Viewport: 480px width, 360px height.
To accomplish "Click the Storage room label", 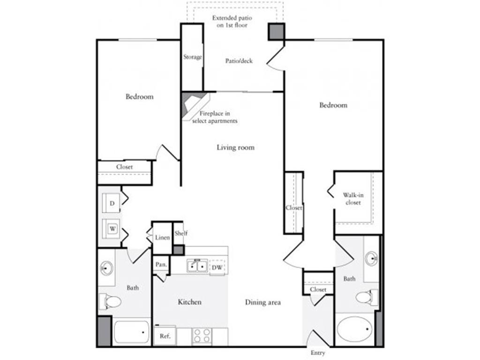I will click(192, 57).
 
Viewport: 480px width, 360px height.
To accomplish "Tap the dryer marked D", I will click(112, 203).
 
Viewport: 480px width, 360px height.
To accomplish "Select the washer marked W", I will click(112, 229).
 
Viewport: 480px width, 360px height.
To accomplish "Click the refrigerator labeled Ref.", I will click(165, 336).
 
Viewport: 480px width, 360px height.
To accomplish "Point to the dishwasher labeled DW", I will click(217, 268).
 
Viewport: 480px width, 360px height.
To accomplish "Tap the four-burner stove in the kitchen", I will click(202, 336).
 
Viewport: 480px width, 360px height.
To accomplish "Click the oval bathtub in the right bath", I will click(354, 329).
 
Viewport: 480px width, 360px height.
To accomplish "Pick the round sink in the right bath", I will click(372, 258).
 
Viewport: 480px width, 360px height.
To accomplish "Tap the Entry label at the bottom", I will click(317, 353).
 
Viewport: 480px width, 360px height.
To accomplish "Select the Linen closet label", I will click(162, 238).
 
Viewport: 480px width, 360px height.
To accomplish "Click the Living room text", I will click(235, 148).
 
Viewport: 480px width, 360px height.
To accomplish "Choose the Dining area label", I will click(262, 302).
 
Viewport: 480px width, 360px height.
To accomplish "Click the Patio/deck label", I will click(239, 61).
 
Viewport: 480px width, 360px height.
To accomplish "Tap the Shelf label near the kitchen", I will click(181, 233).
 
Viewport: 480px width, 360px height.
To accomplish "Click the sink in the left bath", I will click(106, 269).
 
